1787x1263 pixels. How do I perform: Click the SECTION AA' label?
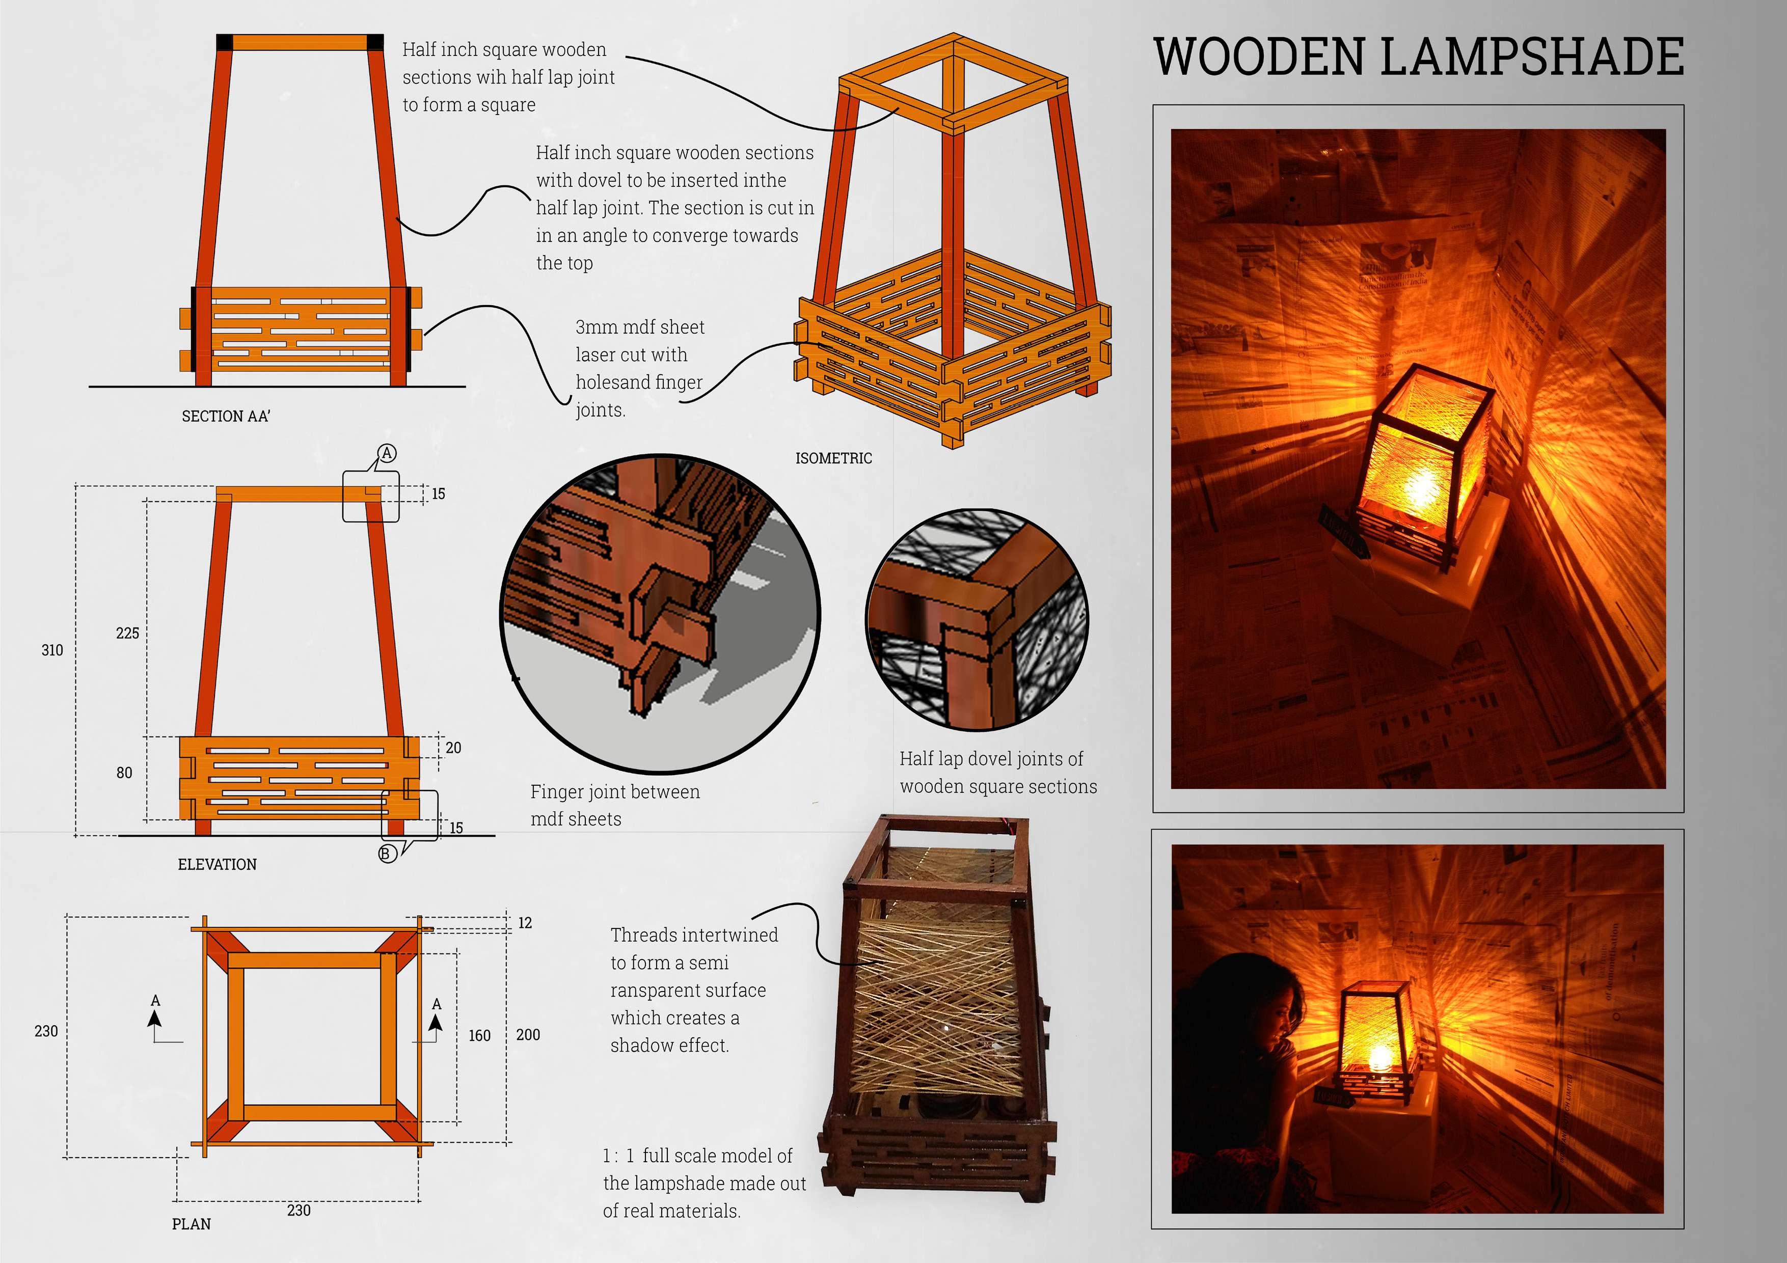(226, 416)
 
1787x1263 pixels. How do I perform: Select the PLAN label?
(192, 1224)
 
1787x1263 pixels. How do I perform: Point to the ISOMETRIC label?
(833, 458)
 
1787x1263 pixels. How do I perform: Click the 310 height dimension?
(52, 650)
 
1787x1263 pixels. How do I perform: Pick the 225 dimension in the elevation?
(128, 634)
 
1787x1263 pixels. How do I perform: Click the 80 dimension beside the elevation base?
(124, 773)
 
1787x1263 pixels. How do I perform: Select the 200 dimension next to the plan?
(528, 1034)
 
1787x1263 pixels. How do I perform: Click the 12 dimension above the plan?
(525, 923)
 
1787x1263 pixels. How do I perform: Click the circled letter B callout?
(387, 854)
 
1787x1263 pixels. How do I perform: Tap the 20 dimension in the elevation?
(453, 748)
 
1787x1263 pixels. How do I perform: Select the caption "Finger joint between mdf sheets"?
(615, 805)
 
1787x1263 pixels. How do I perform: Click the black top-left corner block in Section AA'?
(225, 42)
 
